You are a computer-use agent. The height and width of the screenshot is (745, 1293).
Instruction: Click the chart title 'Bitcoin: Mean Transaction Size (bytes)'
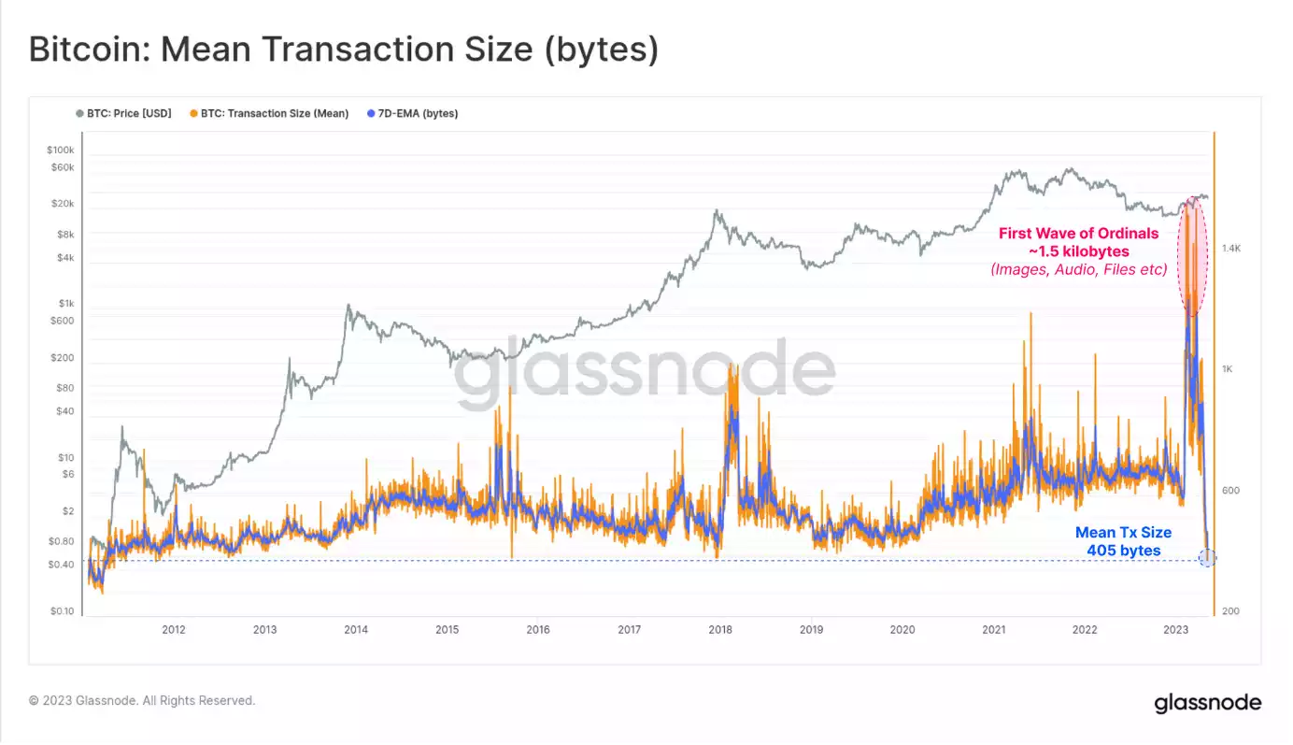click(344, 50)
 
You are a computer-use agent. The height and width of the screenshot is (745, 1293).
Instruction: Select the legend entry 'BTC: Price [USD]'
click(129, 114)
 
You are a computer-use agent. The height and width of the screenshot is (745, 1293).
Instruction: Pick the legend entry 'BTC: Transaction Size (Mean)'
click(275, 114)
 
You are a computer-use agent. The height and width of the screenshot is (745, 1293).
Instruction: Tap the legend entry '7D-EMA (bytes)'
click(419, 114)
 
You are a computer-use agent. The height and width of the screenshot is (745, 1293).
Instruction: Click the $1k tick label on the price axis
click(65, 303)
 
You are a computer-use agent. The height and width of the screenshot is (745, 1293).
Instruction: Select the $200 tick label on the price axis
click(63, 358)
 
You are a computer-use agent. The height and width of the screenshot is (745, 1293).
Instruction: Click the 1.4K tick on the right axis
click(1230, 249)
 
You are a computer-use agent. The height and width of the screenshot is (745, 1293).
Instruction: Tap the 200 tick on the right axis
click(1229, 611)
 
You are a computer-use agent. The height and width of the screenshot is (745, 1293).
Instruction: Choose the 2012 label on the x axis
click(173, 630)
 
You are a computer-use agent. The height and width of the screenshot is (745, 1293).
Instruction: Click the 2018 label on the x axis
click(719, 630)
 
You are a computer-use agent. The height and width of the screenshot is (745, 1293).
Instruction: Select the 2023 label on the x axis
click(1175, 630)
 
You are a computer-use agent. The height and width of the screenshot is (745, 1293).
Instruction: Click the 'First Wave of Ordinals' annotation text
click(1078, 234)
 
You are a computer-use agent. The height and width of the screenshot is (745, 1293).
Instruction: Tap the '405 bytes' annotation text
click(1123, 551)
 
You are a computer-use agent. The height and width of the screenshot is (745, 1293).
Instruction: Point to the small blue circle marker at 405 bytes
click(1207, 559)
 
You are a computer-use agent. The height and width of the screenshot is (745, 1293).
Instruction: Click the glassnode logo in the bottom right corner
click(1207, 703)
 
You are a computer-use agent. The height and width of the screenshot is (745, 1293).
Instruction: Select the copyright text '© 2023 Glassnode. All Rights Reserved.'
click(142, 700)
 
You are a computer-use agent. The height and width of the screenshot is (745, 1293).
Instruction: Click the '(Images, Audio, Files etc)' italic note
click(1078, 270)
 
